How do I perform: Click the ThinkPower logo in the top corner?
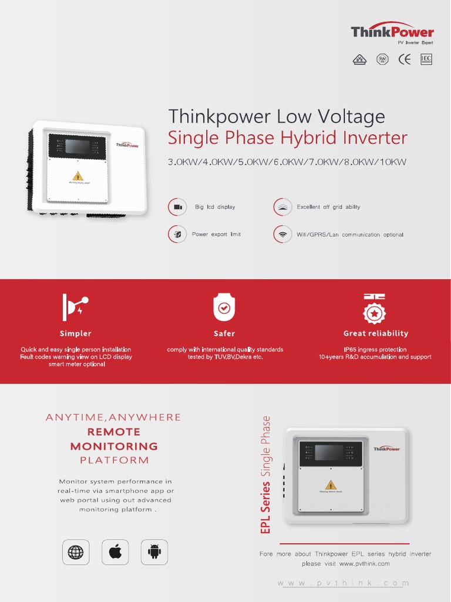click(392, 32)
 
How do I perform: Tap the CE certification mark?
click(404, 59)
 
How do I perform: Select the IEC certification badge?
click(426, 59)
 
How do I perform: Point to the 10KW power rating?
click(393, 162)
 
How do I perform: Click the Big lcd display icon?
click(177, 207)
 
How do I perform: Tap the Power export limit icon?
click(177, 234)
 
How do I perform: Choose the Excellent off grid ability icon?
click(282, 207)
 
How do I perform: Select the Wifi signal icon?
click(282, 234)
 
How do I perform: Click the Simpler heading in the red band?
click(76, 333)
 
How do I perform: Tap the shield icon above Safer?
click(224, 307)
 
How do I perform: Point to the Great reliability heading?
click(376, 333)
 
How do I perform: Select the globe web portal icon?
click(76, 552)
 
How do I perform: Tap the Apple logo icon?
click(115, 552)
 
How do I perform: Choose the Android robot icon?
click(154, 552)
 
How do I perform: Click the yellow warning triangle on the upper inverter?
click(78, 176)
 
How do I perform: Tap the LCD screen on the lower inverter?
click(329, 452)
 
